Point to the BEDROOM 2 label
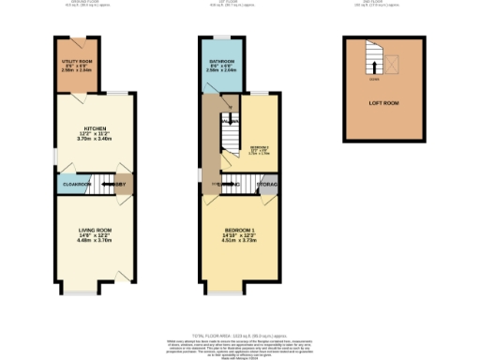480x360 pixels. [259, 147]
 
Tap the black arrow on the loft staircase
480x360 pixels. [373, 66]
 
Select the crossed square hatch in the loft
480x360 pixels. [392, 62]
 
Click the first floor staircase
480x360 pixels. [229, 141]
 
